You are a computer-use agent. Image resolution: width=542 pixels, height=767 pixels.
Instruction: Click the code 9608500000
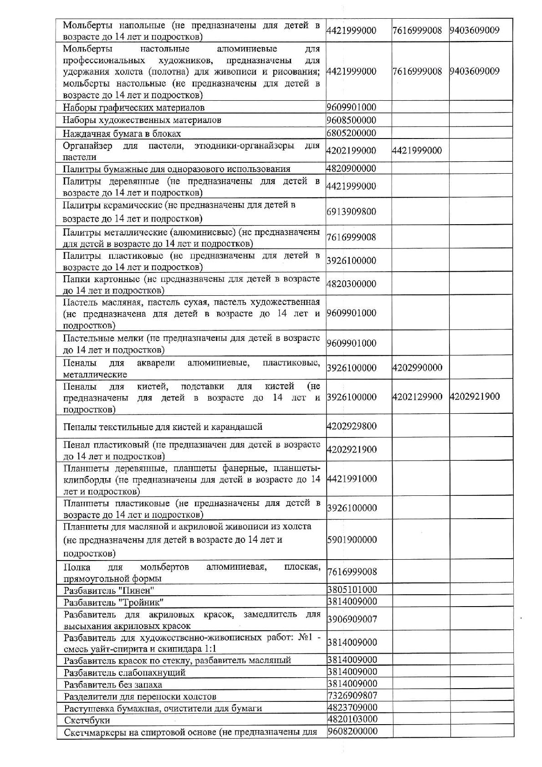pyautogui.click(x=351, y=120)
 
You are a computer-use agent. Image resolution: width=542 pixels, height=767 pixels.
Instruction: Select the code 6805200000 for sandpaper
pyautogui.click(x=351, y=133)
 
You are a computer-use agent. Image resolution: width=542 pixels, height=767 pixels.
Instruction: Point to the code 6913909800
pyautogui.click(x=351, y=211)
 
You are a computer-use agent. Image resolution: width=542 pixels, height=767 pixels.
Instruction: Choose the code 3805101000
pyautogui.click(x=352, y=589)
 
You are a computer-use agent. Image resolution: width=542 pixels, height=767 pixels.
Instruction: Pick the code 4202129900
pyautogui.click(x=417, y=396)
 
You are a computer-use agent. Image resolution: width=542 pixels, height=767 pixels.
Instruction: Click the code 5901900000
pyautogui.click(x=352, y=540)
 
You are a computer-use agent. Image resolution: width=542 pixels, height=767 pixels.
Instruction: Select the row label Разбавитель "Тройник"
pyautogui.click(x=114, y=602)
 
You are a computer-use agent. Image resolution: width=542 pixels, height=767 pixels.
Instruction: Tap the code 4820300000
pyautogui.click(x=351, y=284)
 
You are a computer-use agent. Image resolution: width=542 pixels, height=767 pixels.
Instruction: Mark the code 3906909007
pyautogui.click(x=352, y=619)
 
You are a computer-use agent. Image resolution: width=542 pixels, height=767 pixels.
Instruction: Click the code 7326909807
pyautogui.click(x=352, y=695)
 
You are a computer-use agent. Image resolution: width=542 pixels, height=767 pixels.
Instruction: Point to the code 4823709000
pyautogui.click(x=352, y=707)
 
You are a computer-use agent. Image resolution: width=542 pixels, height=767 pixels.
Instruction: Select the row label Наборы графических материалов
pyautogui.click(x=133, y=108)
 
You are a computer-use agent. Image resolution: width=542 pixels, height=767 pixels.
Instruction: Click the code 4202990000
pyautogui.click(x=417, y=368)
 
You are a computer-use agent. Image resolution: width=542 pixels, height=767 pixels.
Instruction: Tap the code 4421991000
pyautogui.click(x=352, y=479)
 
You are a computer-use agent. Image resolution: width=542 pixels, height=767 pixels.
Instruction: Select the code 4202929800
pyautogui.click(x=352, y=426)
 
